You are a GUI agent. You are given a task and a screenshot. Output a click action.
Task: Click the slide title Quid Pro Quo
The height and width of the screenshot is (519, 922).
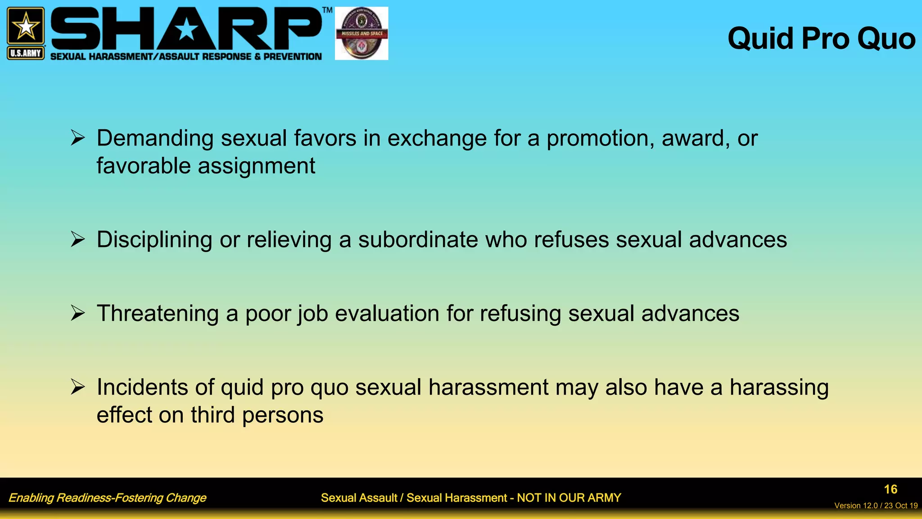point(821,39)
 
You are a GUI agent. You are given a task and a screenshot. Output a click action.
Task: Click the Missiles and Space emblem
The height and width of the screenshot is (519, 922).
point(362,33)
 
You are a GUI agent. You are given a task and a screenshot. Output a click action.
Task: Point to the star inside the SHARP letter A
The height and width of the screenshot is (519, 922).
point(186,30)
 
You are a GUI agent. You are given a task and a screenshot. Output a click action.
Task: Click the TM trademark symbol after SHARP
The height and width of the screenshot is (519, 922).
point(327,10)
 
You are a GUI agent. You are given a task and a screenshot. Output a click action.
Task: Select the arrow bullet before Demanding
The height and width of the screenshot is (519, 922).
point(77,138)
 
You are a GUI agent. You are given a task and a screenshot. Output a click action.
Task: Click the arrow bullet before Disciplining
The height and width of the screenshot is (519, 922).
point(77,239)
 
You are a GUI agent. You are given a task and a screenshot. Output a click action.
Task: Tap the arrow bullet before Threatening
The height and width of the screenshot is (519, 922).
point(77,313)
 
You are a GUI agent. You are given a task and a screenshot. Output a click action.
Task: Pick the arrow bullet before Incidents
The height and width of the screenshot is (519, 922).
point(77,387)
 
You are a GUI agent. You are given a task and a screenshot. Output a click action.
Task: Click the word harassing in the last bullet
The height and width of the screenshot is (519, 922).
point(779,388)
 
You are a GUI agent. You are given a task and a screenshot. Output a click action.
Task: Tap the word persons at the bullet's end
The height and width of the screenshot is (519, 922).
point(283,415)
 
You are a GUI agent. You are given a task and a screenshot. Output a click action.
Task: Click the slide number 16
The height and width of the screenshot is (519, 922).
point(890,489)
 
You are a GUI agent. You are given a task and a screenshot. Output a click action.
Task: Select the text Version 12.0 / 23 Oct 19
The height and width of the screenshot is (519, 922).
point(876,505)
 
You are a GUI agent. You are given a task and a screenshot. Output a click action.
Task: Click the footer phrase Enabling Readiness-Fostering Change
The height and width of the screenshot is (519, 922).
point(107,498)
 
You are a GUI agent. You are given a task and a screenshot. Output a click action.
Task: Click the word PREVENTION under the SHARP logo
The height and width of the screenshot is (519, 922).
point(292,57)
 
